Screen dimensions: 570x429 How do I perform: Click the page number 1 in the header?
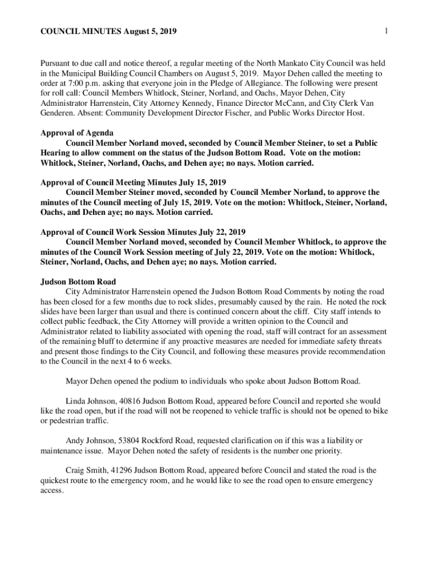(x=386, y=31)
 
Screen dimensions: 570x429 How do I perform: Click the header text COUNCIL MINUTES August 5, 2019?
(x=109, y=32)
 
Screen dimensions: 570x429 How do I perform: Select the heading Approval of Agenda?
(x=77, y=133)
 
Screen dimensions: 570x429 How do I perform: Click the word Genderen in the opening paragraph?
(x=58, y=113)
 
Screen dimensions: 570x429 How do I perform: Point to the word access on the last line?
(x=52, y=490)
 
